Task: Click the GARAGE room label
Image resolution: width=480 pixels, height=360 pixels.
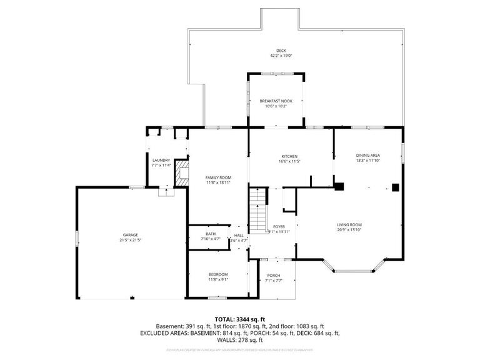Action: click(x=130, y=235)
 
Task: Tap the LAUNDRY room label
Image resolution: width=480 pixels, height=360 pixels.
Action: click(x=161, y=160)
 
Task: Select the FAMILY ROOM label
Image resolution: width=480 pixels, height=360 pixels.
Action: click(x=218, y=177)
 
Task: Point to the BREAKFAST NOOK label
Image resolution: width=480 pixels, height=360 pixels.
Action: click(x=276, y=101)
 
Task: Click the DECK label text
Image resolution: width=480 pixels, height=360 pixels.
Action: click(x=281, y=51)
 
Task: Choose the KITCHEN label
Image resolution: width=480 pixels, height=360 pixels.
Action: click(x=289, y=156)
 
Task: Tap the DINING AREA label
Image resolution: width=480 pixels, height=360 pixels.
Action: click(x=368, y=156)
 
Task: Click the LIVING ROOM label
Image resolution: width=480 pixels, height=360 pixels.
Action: click(x=349, y=225)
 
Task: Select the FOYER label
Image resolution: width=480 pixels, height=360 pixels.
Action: click(x=279, y=226)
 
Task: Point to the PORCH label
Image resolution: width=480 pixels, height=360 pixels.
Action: click(x=273, y=276)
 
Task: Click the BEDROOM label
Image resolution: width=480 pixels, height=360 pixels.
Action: click(x=218, y=274)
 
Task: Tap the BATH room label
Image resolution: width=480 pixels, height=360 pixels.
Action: click(x=211, y=234)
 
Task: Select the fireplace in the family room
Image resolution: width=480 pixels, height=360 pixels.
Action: click(x=181, y=173)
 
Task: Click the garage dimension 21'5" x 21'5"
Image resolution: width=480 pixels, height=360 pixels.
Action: click(x=130, y=240)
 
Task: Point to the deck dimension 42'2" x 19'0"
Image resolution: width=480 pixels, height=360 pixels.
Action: click(x=281, y=56)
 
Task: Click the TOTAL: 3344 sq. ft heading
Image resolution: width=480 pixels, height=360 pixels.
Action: click(x=241, y=319)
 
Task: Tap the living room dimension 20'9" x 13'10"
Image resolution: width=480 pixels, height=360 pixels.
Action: click(x=349, y=230)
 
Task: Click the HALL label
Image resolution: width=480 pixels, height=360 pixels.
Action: click(x=239, y=236)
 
